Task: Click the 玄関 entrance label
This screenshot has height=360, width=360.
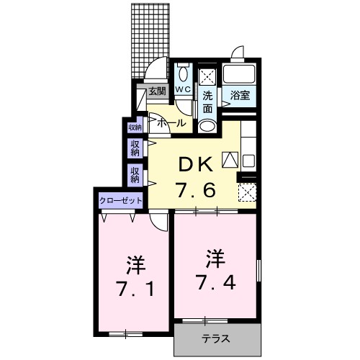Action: (x=158, y=91)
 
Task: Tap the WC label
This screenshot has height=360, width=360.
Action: (x=183, y=89)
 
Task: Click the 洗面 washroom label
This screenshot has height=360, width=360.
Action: (x=207, y=102)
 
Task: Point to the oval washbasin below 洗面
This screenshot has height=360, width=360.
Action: (x=207, y=125)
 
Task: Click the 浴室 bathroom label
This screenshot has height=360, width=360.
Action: (x=240, y=94)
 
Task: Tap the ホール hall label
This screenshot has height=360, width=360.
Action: (x=171, y=123)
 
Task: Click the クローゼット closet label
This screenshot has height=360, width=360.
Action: (x=120, y=199)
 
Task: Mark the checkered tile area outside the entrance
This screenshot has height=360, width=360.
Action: (x=150, y=40)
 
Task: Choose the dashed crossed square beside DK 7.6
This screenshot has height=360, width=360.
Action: (x=247, y=192)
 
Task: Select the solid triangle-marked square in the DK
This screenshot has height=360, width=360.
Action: (x=229, y=160)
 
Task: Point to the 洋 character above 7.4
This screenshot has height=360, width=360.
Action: (x=215, y=255)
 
